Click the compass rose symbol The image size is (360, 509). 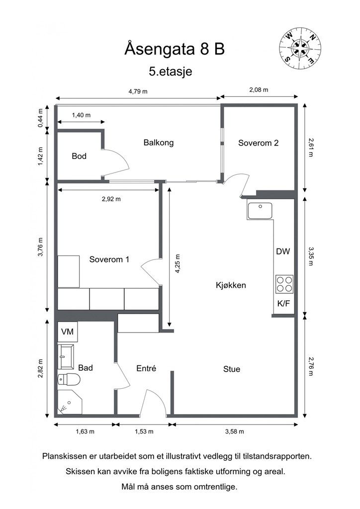click(x=300, y=48)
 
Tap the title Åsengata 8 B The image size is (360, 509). click(x=175, y=49)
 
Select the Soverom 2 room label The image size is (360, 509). click(x=259, y=143)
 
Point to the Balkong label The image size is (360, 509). click(x=159, y=143)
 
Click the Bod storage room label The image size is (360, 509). click(x=79, y=156)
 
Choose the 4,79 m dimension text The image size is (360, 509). click(x=138, y=91)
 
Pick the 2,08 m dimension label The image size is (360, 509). click(x=259, y=89)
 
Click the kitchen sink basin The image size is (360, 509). click(x=260, y=210)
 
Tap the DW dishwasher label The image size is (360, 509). click(x=283, y=251)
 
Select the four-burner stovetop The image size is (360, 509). click(x=284, y=284)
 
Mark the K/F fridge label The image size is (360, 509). click(x=283, y=304)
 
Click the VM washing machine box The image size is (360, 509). click(x=68, y=332)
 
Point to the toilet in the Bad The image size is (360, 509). click(x=69, y=379)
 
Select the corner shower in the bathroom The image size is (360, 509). click(x=70, y=402)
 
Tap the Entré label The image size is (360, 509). click(x=146, y=368)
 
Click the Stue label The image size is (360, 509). click(x=231, y=369)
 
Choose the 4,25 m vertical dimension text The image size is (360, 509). click(x=177, y=263)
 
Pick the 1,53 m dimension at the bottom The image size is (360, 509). click(x=144, y=431)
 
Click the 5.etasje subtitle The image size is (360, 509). click(x=171, y=72)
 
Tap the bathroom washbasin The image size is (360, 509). click(x=66, y=357)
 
